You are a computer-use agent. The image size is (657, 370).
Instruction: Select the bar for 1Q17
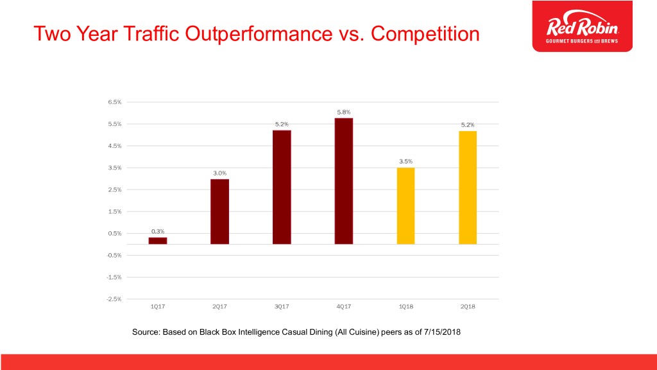pos(158,241)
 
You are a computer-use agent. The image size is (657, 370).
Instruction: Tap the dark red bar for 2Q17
pos(219,211)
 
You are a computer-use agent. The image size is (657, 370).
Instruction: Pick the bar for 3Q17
pos(282,187)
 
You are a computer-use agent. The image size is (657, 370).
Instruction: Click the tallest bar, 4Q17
pos(344,181)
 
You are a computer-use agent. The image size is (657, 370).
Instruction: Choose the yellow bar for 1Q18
pos(405,206)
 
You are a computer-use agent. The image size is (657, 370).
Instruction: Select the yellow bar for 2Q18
pos(468,187)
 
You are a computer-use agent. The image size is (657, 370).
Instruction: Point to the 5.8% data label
pos(344,112)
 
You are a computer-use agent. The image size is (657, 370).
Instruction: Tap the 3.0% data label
pos(219,173)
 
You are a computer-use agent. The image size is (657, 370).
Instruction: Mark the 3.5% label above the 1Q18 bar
pos(405,162)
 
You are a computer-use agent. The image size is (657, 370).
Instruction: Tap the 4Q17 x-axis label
pos(344,306)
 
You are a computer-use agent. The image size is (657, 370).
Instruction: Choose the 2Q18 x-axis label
pos(468,306)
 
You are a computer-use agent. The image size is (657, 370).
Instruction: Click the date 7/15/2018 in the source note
pos(439,331)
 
